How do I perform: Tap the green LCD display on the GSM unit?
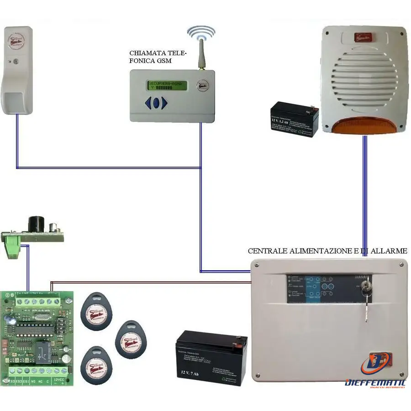tap(167, 85)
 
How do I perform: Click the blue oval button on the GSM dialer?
tap(156, 103)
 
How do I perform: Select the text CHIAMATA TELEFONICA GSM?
tap(158, 57)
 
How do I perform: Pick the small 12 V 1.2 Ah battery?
tap(294, 119)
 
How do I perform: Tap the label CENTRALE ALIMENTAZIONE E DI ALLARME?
tap(327, 251)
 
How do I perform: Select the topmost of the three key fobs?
tap(96, 312)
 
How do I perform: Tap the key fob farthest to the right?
tap(131, 339)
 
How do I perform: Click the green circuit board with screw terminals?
tap(36, 338)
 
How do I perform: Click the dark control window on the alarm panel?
tap(329, 289)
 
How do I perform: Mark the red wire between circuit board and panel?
tap(151, 282)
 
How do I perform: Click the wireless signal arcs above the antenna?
tap(201, 33)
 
